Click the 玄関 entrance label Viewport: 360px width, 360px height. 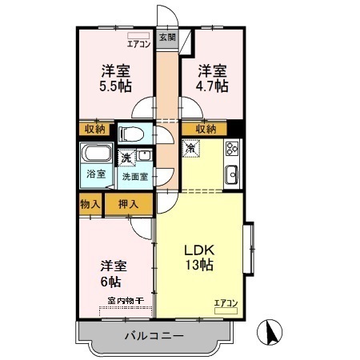click(166, 37)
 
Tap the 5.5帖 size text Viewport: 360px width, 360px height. click(116, 86)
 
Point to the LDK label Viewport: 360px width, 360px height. click(197, 248)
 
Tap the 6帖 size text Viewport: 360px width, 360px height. click(111, 282)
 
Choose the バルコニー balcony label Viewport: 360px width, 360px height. click(153, 336)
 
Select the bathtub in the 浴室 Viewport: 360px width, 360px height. click(98, 154)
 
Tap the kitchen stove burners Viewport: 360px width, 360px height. click(233, 148)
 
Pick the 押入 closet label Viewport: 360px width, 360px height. click(128, 204)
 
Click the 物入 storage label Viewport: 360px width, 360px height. click(90, 204)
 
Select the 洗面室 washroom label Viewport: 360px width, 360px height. click(134, 177)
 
